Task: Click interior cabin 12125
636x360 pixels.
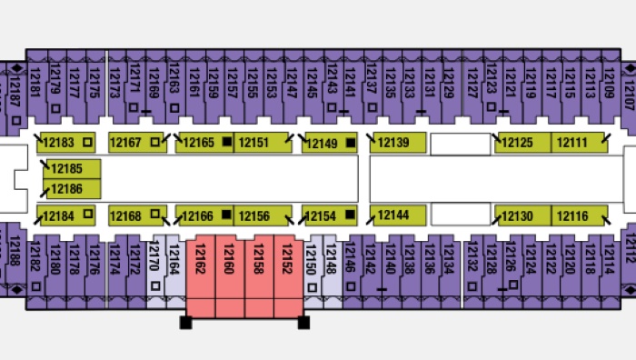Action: [522, 143]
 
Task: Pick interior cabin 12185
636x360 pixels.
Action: [72, 169]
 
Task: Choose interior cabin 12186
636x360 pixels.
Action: [72, 189]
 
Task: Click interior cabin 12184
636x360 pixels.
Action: [66, 215]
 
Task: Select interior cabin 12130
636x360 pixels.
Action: [522, 215]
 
